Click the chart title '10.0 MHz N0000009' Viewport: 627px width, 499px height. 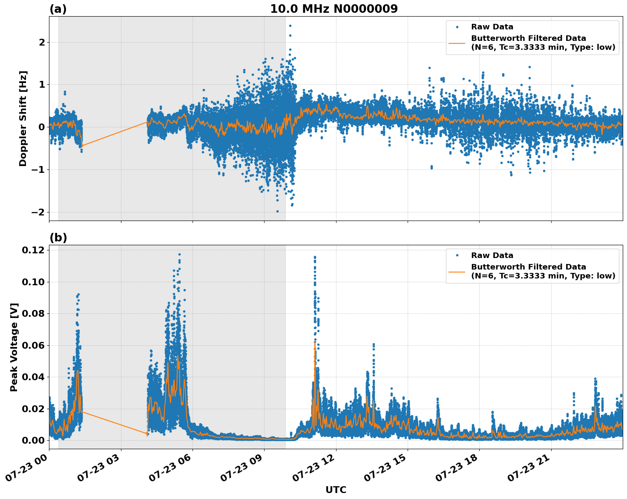334,9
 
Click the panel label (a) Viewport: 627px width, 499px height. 58,9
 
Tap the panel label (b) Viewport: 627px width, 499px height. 58,238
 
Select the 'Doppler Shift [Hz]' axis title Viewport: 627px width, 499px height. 23,118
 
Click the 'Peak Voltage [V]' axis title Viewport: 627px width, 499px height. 14,347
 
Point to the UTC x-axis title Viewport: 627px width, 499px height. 336,490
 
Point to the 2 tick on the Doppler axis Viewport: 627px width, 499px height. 41,42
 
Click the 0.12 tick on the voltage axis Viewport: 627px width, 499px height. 33,250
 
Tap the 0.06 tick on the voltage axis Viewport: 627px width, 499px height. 33,345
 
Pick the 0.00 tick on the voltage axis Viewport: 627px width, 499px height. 33,440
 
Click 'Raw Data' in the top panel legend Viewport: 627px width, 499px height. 492,27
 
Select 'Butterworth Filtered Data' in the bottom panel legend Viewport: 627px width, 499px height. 528,267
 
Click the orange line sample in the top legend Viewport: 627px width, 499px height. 457,43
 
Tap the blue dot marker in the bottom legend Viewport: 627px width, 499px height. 457,255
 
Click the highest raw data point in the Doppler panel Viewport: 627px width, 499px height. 290,26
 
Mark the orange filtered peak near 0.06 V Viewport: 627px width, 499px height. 315,343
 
